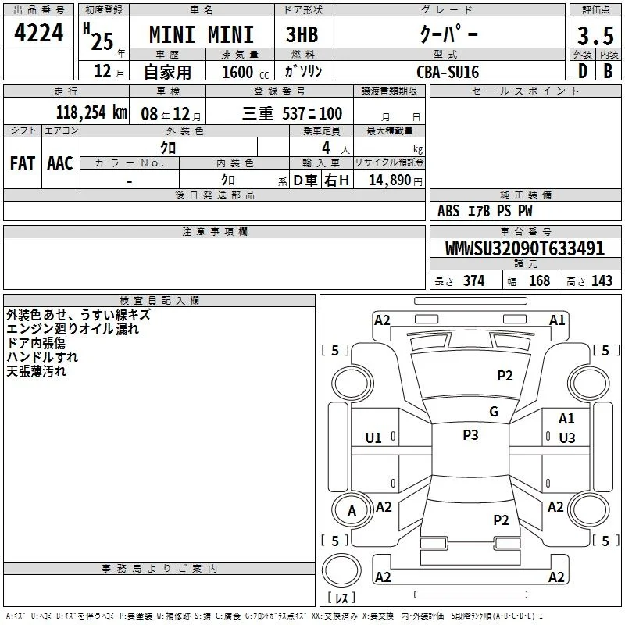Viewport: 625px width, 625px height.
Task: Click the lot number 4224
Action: [x=38, y=33]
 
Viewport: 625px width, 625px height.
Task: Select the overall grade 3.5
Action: [x=595, y=35]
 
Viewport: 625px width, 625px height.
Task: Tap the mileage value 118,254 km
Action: [x=91, y=112]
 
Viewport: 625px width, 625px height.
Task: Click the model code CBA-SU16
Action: [x=448, y=72]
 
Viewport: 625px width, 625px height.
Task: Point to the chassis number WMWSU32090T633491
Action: [x=525, y=248]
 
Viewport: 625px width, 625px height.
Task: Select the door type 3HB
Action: [x=302, y=34]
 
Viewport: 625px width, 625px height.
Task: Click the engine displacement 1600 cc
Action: [x=245, y=72]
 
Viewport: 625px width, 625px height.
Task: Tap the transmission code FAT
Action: [x=23, y=163]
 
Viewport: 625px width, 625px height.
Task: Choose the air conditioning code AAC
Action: [x=60, y=163]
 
